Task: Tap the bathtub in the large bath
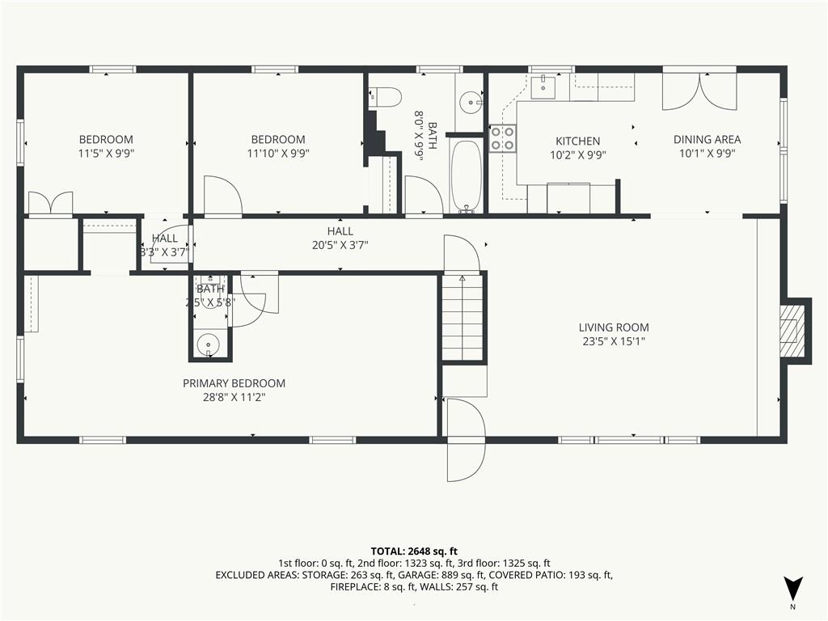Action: coord(467,175)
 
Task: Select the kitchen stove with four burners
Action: coord(502,137)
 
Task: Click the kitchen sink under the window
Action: coord(542,87)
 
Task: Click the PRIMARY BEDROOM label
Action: coord(234,383)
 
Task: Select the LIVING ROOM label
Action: coord(614,327)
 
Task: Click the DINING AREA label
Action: coord(707,139)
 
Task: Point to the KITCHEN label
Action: coord(577,141)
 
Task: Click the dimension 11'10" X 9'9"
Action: coord(278,154)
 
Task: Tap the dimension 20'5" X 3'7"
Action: coord(340,245)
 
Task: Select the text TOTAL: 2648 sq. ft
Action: coord(414,551)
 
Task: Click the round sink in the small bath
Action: coord(208,345)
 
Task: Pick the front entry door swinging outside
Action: coord(466,440)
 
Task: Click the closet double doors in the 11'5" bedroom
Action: coord(50,203)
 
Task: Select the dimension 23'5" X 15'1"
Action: coord(614,342)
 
